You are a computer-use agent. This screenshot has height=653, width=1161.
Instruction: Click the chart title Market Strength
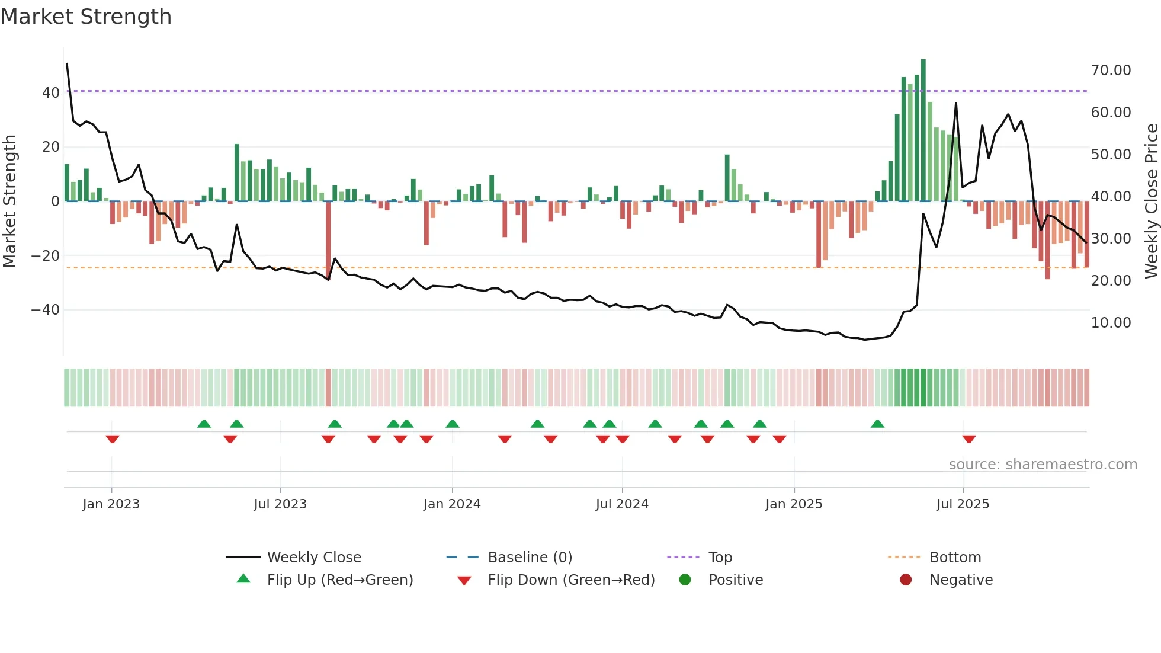pyautogui.click(x=86, y=17)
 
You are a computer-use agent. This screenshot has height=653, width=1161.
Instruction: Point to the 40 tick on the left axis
pyautogui.click(x=50, y=92)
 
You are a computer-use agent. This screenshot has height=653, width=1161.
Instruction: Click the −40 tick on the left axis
pyautogui.click(x=45, y=310)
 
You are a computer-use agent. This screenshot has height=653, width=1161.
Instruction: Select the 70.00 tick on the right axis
pyautogui.click(x=1111, y=70)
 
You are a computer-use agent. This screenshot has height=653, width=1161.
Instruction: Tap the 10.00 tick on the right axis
pyautogui.click(x=1111, y=323)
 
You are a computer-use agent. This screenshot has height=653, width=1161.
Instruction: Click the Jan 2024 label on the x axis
pyautogui.click(x=452, y=504)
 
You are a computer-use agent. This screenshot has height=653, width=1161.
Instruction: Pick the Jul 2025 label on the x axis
pyautogui.click(x=963, y=504)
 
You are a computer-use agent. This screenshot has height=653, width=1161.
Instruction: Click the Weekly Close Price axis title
pyautogui.click(x=1151, y=201)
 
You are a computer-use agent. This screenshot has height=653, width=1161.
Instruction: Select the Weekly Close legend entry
pyautogui.click(x=313, y=558)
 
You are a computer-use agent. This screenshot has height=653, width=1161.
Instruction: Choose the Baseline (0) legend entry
pyautogui.click(x=530, y=558)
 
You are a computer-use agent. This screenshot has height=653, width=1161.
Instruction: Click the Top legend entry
pyautogui.click(x=720, y=558)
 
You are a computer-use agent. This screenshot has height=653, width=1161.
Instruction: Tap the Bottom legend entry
pyautogui.click(x=955, y=558)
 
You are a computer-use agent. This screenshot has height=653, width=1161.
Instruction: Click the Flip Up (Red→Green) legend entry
pyautogui.click(x=339, y=580)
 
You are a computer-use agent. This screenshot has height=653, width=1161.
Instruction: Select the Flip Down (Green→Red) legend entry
pyautogui.click(x=571, y=580)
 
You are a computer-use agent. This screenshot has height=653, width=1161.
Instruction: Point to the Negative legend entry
pyautogui.click(x=961, y=580)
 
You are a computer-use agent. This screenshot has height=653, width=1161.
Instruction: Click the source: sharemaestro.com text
pyautogui.click(x=1043, y=465)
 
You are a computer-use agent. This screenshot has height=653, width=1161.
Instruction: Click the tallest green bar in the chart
pyautogui.click(x=923, y=130)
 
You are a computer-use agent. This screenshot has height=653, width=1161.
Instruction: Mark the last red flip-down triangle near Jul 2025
pyautogui.click(x=969, y=439)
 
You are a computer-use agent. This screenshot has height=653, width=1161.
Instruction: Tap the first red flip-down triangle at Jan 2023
pyautogui.click(x=113, y=439)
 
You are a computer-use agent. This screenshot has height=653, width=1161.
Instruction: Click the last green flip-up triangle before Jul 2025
pyautogui.click(x=877, y=424)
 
